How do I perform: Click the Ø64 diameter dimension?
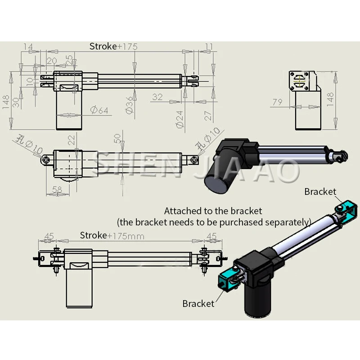point(99,110)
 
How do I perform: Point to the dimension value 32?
point(157,97)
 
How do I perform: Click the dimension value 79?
point(278,102)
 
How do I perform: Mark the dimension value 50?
point(118,138)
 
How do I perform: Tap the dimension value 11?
point(208,46)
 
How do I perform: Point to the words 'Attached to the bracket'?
point(213,211)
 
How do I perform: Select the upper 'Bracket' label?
point(320,192)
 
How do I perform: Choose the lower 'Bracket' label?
point(198,304)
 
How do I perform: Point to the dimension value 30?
point(16,102)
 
